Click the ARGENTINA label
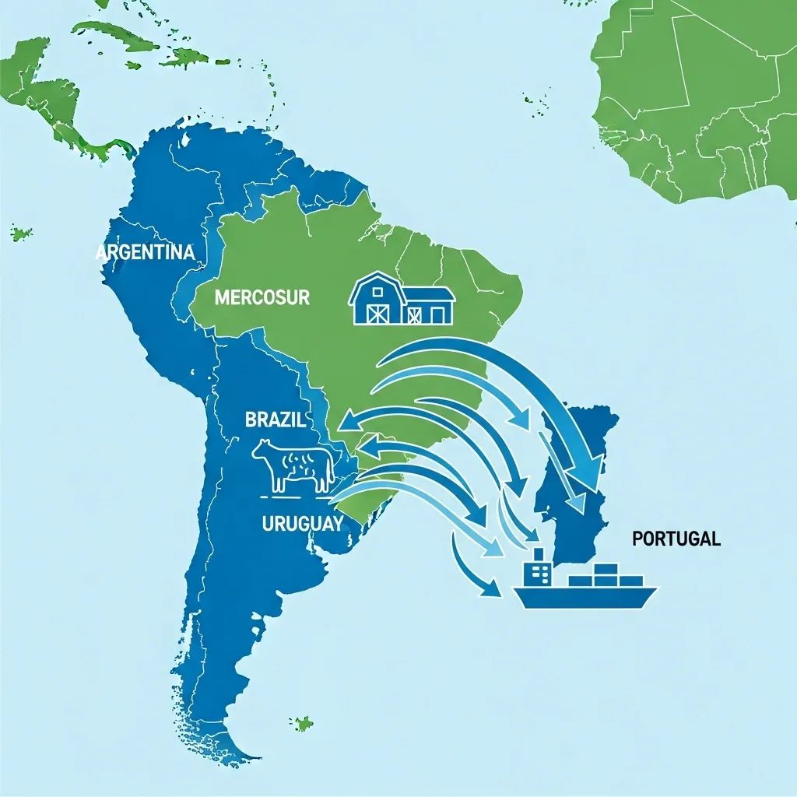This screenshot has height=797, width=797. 144,253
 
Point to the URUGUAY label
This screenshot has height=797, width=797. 302,524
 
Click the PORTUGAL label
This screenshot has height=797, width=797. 676,539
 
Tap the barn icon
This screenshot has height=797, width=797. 402,299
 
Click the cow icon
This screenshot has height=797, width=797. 293,465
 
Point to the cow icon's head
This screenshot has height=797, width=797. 262,451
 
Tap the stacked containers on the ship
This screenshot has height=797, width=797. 606,574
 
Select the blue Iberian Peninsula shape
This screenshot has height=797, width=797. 576,483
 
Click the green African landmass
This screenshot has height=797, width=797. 700,101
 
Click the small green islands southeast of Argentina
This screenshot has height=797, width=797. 301,724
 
